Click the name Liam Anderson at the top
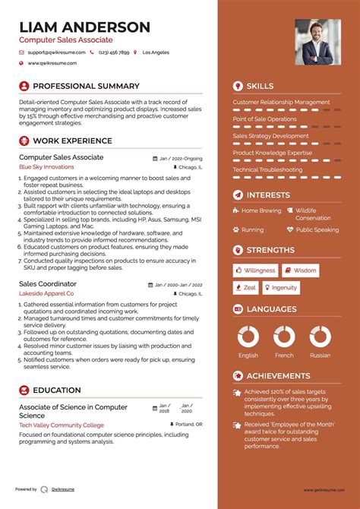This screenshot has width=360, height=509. (84, 27)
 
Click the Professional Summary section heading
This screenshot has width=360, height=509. (86, 86)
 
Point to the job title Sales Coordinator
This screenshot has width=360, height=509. (47, 283)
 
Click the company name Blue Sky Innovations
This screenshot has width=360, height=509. (46, 166)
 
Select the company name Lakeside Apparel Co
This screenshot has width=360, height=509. (46, 292)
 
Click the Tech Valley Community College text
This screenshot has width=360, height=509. (62, 425)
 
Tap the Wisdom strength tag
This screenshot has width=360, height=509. (301, 270)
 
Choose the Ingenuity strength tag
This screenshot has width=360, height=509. (281, 288)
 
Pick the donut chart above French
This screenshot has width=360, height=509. (284, 336)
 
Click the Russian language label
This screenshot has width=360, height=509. (320, 355)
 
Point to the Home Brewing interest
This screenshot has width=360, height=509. (261, 210)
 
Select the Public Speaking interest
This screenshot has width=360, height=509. (317, 229)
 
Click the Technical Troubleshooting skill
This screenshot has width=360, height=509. (267, 169)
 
